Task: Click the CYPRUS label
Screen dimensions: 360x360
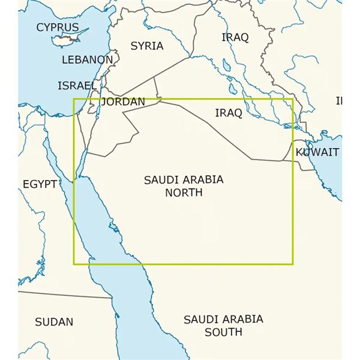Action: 57,27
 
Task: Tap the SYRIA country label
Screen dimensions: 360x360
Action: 146,46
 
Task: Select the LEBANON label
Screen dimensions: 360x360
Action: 87,60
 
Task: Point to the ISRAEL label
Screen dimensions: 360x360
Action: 76,86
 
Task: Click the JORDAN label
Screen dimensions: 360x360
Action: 124,102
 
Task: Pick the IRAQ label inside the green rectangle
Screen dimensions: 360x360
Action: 228,113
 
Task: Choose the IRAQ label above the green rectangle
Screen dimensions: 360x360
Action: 235,37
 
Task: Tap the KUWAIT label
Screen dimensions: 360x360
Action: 317,152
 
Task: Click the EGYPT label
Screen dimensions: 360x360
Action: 40,184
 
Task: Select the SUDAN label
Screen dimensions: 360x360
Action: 53,322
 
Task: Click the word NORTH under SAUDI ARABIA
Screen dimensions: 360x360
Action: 184,193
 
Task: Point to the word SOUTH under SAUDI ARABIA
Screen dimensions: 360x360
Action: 223,332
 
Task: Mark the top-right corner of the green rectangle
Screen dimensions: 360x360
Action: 293,99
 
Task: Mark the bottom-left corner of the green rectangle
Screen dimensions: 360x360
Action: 74,264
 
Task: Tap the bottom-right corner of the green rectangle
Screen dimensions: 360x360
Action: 293,264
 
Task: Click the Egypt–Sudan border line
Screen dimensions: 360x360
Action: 66,294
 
